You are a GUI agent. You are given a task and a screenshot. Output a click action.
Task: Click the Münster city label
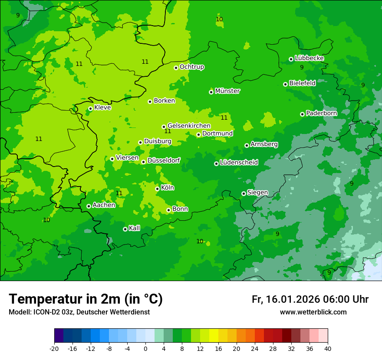point(227,91)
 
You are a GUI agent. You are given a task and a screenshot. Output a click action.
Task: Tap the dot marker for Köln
point(157,189)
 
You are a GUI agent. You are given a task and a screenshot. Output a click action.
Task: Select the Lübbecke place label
point(309,58)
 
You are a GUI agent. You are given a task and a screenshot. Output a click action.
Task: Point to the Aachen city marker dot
point(89,206)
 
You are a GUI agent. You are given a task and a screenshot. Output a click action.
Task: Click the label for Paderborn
point(321,113)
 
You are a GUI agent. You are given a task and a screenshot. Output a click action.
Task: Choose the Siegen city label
point(257,193)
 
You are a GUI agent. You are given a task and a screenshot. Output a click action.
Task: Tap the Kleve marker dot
point(90,108)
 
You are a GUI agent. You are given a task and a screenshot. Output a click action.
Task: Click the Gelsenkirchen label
point(189,126)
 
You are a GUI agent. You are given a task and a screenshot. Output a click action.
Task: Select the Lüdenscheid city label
point(239,163)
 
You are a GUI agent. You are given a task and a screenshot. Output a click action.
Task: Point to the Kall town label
point(135,228)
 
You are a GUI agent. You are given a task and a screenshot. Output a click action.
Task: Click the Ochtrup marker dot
point(176,67)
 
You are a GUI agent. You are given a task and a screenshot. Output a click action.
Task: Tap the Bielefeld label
point(302,83)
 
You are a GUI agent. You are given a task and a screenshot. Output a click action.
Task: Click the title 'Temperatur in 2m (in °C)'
point(86,299)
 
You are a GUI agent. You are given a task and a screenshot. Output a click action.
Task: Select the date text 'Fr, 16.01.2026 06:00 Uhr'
point(310,299)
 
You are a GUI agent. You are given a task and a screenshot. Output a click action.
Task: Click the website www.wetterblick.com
point(313,312)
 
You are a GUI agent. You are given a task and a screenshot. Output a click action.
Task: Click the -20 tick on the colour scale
point(54,348)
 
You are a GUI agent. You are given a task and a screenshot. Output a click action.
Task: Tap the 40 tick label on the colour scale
point(328,348)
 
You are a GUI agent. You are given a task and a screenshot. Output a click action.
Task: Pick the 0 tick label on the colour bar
point(145,348)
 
